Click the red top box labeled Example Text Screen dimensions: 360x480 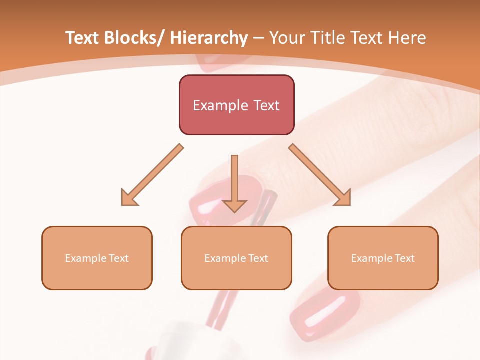236,105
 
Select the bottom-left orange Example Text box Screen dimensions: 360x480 97,258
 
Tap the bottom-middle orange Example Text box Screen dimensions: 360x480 236,258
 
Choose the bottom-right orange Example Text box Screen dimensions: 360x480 383,258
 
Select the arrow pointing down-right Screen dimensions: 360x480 320,175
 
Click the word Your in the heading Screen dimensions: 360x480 286,38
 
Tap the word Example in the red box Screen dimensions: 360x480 220,105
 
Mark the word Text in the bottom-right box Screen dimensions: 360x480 404,258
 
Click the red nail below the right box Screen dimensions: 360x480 325,310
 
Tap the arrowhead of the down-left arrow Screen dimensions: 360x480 128,199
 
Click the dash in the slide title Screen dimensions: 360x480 258,38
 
